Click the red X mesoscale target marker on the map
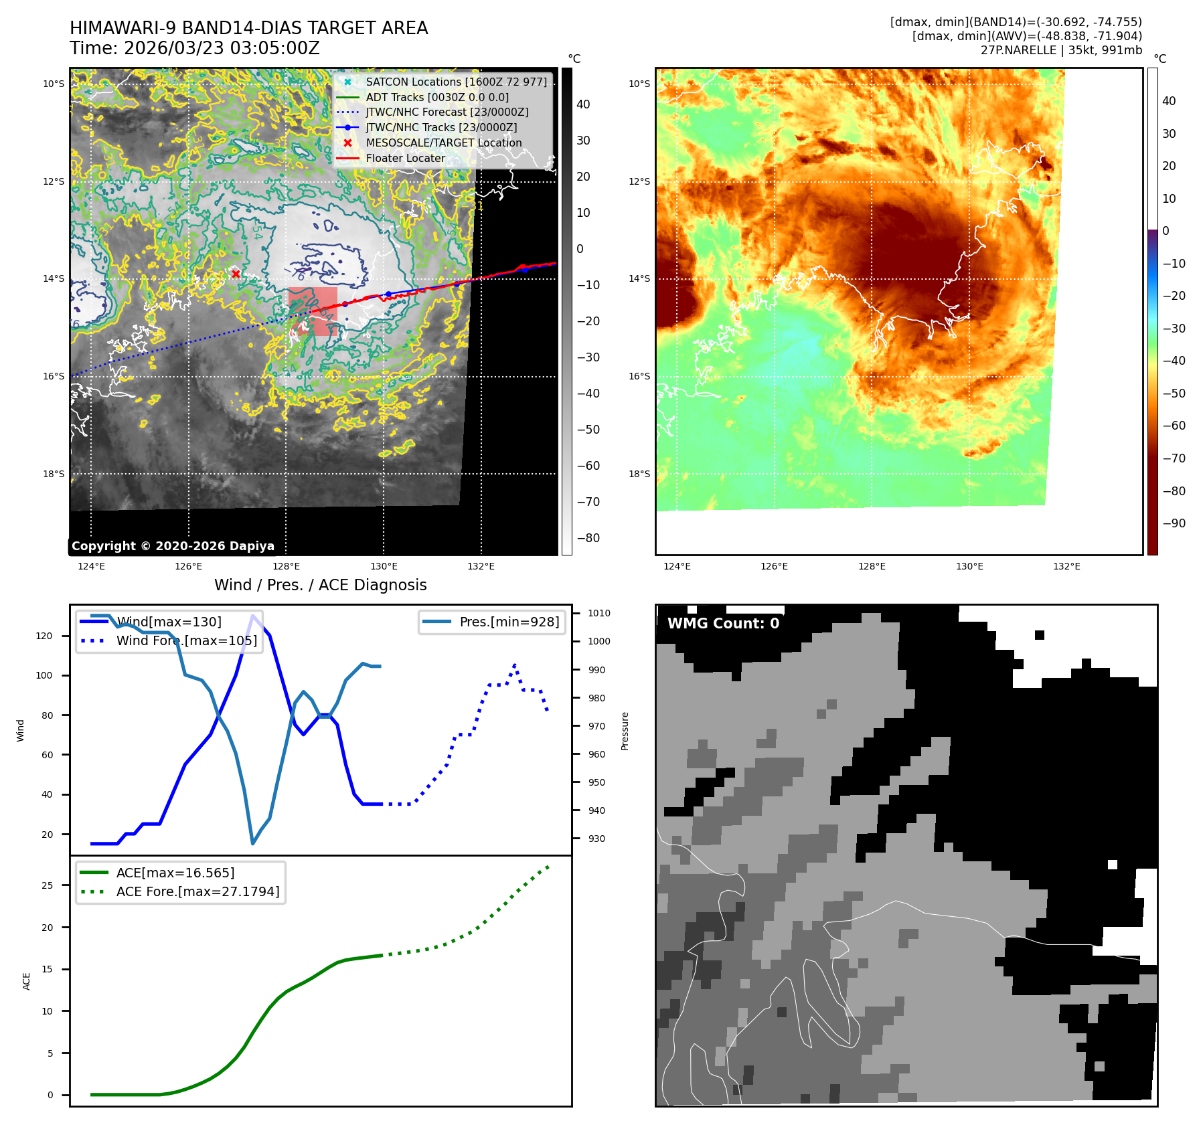point(236,274)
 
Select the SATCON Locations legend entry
point(456,82)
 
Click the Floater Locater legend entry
point(405,158)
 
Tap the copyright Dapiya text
point(173,546)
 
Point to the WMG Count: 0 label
point(723,624)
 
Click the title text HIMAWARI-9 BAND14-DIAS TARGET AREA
point(248,28)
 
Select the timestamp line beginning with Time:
point(194,48)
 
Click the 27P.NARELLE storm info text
point(1061,50)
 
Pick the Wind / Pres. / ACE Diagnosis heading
point(320,585)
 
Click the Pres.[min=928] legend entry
point(509,622)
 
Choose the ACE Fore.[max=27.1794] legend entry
point(197,891)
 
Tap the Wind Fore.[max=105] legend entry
point(186,640)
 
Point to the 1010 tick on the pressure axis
point(598,613)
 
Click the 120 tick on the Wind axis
point(44,636)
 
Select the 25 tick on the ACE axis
point(47,885)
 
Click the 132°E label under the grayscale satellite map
point(481,566)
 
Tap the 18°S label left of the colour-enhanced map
point(639,474)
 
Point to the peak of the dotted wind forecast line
point(514,665)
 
